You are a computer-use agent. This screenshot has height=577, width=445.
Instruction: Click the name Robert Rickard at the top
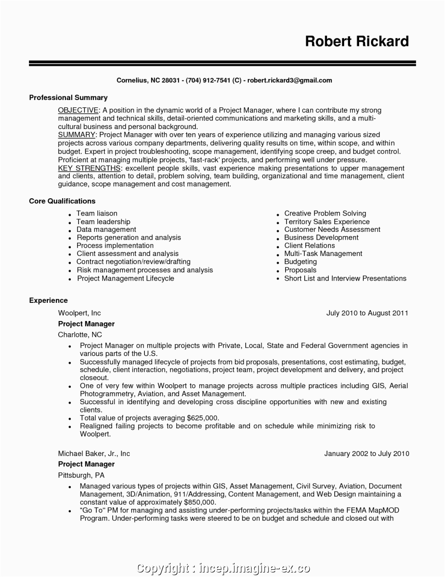tap(357, 41)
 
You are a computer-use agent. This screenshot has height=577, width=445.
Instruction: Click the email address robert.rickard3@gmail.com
tap(290, 80)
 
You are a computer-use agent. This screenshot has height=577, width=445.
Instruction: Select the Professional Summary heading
tap(68, 98)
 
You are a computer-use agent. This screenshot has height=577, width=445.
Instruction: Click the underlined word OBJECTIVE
tap(78, 110)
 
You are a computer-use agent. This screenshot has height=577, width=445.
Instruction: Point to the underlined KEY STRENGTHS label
tap(89, 168)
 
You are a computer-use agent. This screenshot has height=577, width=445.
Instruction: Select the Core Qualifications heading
tap(62, 201)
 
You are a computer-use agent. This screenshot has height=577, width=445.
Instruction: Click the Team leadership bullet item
tap(103, 222)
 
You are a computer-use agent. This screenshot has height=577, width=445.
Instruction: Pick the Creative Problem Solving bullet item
tap(325, 213)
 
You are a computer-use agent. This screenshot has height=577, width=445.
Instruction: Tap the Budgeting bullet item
tap(300, 262)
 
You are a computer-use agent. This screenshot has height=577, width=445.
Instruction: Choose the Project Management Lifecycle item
tap(125, 279)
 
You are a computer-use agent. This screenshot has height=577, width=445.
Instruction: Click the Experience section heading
tap(48, 301)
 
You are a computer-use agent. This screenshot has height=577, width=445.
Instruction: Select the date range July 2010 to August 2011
tap(367, 313)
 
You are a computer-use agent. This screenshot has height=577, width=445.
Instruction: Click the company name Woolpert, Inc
tap(79, 313)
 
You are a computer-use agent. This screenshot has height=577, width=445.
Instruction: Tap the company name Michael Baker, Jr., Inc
tap(94, 454)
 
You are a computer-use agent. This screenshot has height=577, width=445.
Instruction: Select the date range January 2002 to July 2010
tap(366, 454)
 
